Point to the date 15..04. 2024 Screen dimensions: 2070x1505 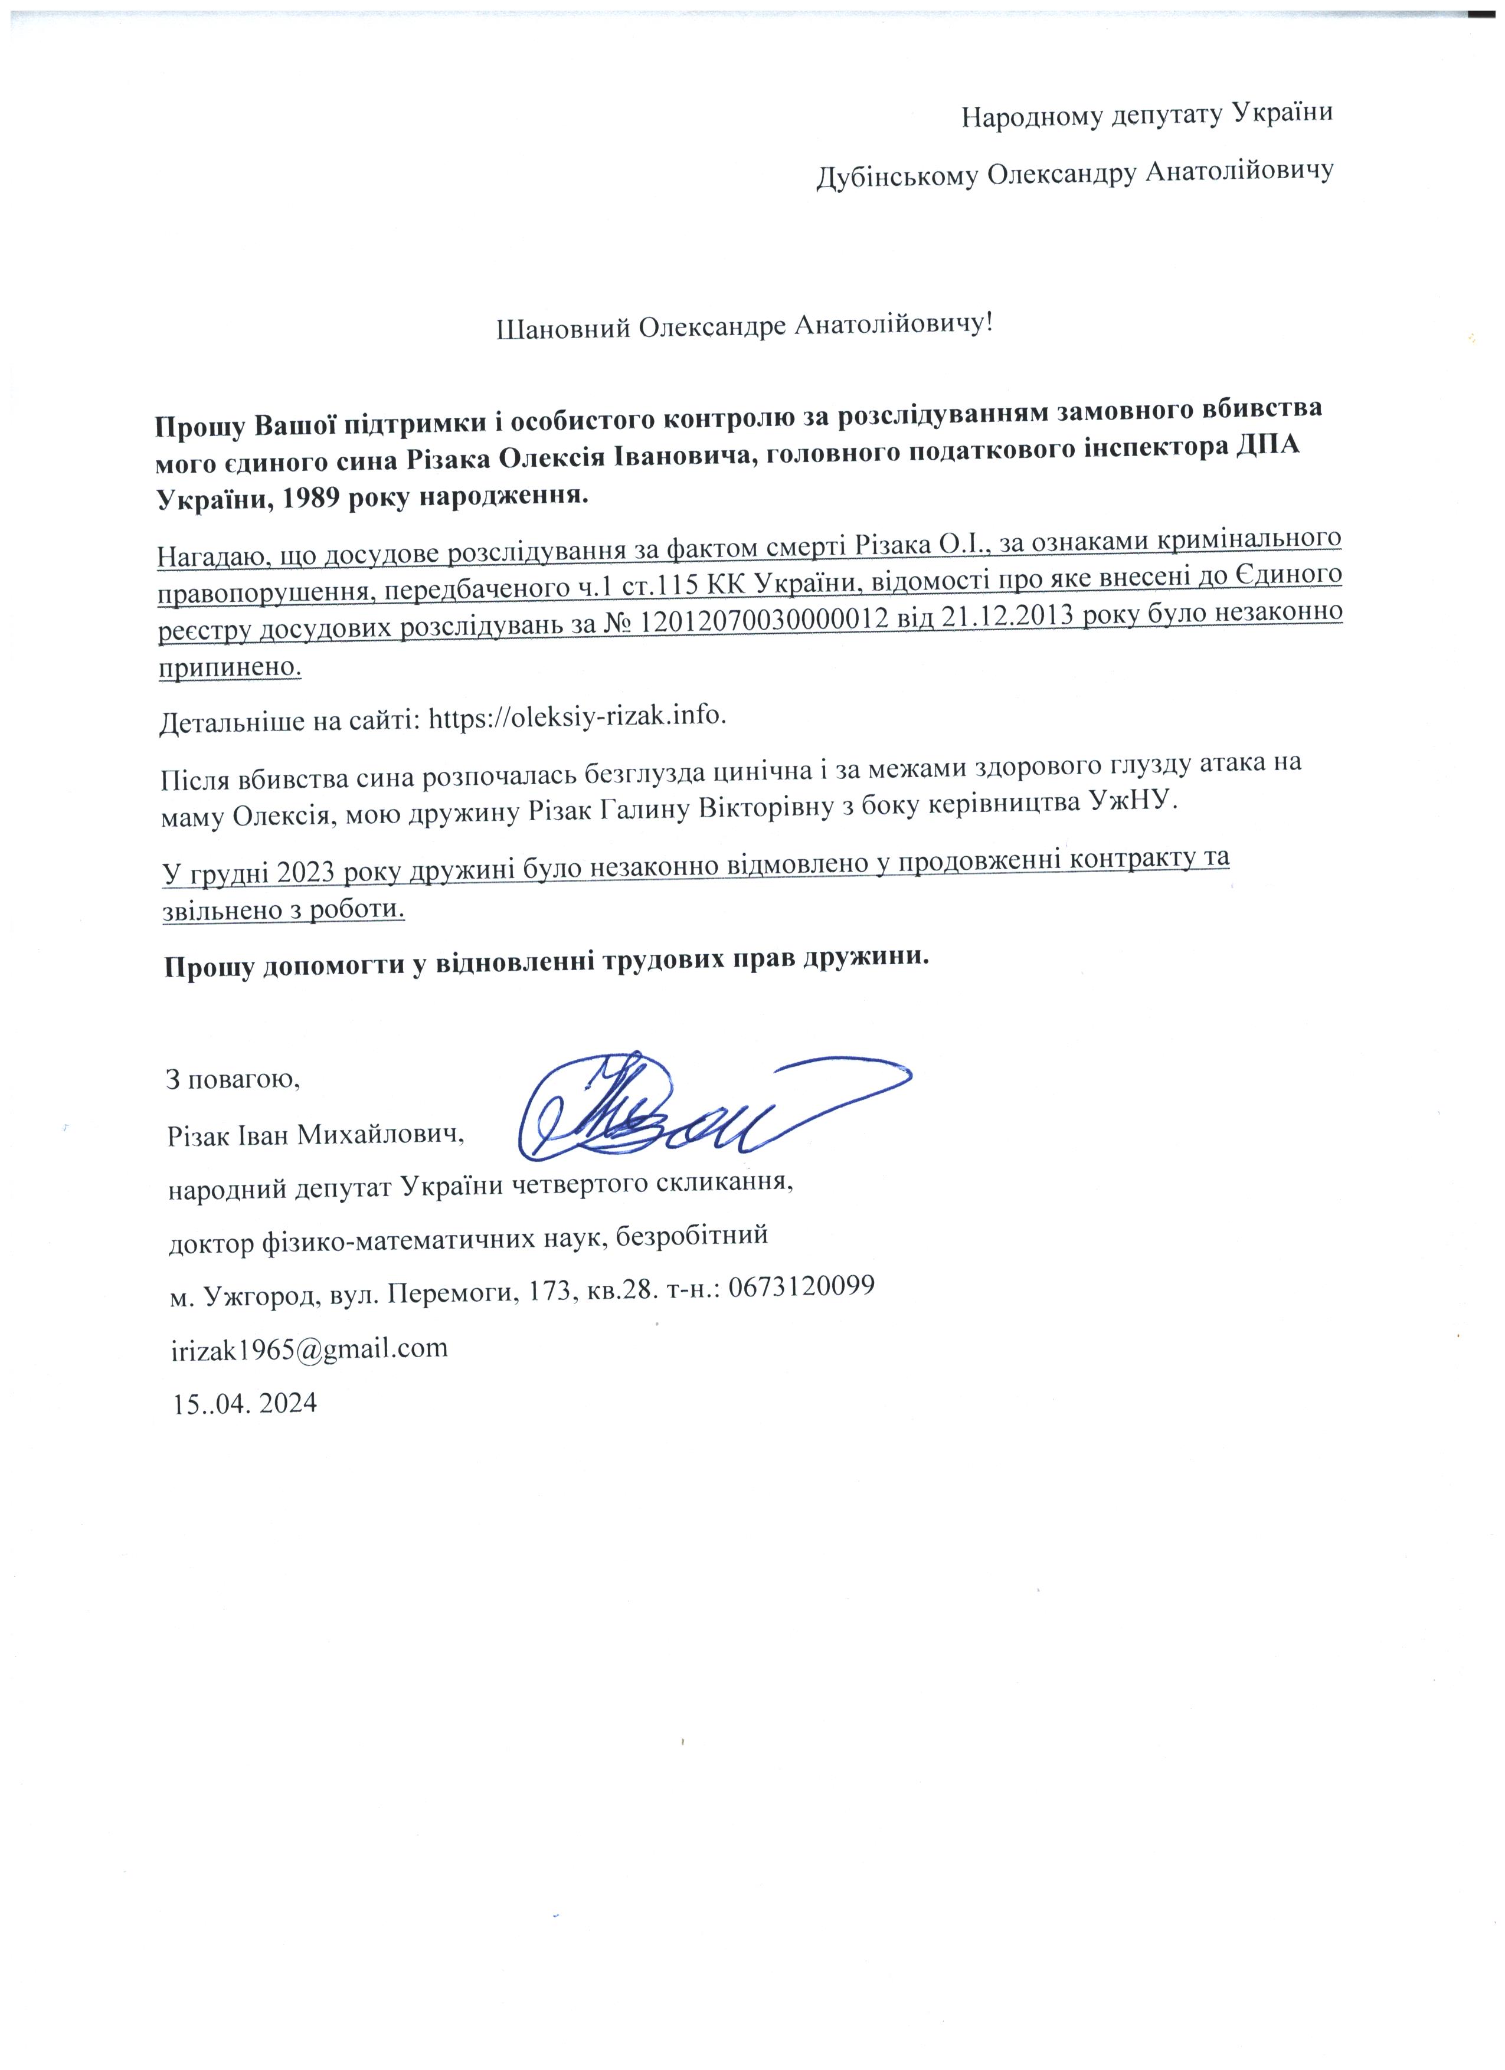click(x=244, y=1403)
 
